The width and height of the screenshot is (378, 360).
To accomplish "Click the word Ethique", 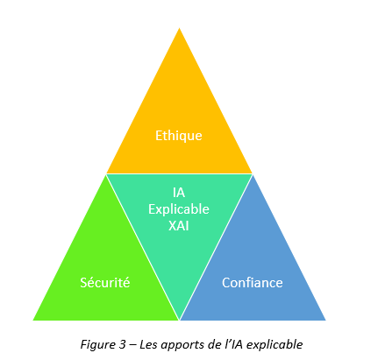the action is [x=179, y=136].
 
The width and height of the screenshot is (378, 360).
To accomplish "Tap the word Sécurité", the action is [x=105, y=283].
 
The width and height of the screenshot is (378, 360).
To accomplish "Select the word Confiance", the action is [x=253, y=283].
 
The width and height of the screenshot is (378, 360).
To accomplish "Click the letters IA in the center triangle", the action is [x=179, y=193].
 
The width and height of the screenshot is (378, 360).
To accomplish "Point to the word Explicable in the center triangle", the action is [x=179, y=209].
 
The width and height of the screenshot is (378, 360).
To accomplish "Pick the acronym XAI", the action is [x=179, y=226].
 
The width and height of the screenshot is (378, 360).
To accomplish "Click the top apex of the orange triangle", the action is [x=179, y=28].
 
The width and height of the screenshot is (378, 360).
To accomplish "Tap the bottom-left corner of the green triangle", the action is [x=33, y=321].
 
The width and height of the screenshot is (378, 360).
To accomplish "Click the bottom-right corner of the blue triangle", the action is [x=325, y=321].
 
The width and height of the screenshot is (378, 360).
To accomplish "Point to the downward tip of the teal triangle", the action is [x=179, y=320].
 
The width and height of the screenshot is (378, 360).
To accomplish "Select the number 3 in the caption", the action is [x=122, y=344].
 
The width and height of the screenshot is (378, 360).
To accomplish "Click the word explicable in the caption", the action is [x=275, y=345].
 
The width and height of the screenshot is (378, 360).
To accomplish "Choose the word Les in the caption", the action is [x=148, y=344].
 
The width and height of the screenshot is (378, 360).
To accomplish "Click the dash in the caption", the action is [x=132, y=345].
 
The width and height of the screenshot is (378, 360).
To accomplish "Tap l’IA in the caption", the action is [x=233, y=344].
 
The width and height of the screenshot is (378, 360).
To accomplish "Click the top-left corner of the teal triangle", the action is [x=107, y=174].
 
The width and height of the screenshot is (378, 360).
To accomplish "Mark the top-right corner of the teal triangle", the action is [x=252, y=174].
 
